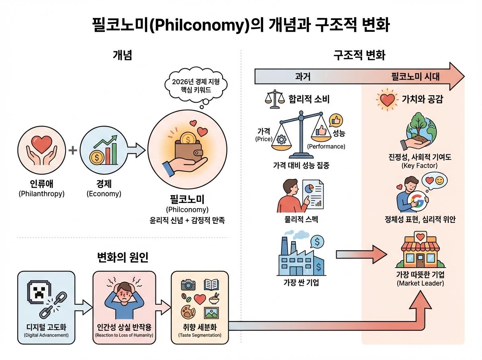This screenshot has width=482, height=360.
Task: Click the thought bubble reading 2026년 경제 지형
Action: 196,85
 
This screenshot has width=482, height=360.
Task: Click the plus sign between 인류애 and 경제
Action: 73,151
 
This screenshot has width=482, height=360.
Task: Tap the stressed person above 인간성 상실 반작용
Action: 125,299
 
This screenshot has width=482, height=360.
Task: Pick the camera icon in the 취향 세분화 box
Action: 188,285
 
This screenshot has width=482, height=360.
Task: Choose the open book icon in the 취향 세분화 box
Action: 211,285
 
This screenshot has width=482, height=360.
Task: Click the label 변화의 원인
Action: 123,257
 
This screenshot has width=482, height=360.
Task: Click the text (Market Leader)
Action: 420,284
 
